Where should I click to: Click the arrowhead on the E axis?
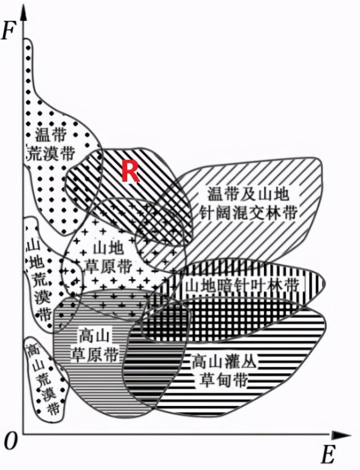tap(343, 435)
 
